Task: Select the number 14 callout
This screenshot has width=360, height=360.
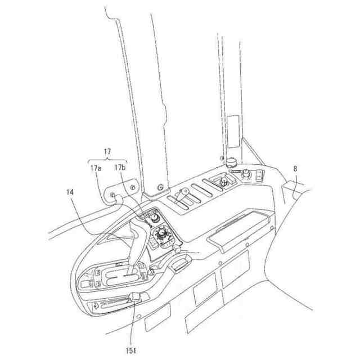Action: coord(69,192)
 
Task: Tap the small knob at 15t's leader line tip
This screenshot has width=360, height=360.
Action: coord(135,298)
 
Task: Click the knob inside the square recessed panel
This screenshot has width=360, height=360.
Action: coord(223,182)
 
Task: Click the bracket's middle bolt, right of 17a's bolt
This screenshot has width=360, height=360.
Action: coord(133,186)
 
